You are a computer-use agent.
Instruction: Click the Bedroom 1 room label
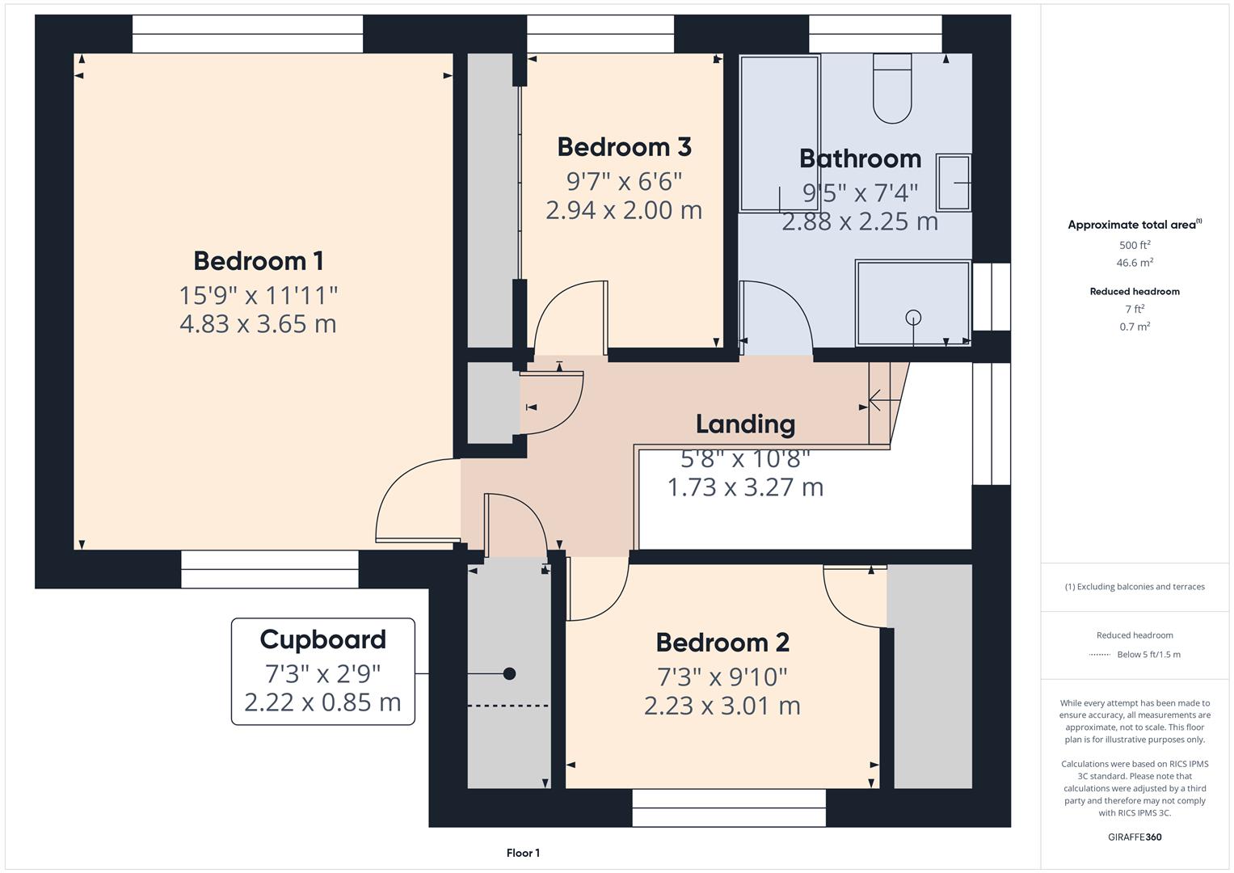click(x=258, y=261)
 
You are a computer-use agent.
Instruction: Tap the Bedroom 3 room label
click(x=624, y=147)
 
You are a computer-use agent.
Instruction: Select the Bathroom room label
click(x=860, y=158)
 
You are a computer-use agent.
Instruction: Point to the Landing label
click(x=745, y=424)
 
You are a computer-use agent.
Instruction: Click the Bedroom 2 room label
click(x=722, y=643)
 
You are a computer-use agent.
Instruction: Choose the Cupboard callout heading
click(x=322, y=639)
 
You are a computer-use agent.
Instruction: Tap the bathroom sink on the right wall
click(x=954, y=183)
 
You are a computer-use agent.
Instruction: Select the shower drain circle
click(x=913, y=317)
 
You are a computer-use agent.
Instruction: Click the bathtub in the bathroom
click(x=779, y=133)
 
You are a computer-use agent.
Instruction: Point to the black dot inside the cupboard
click(x=509, y=673)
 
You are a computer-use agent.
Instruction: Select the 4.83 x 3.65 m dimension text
click(x=258, y=324)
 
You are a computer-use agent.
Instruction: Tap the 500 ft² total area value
click(x=1134, y=245)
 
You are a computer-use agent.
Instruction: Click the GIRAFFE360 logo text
click(x=1134, y=837)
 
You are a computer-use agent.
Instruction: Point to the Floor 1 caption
click(x=523, y=853)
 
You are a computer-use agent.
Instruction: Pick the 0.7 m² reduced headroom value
click(x=1135, y=327)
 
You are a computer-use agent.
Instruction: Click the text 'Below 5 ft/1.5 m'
click(x=1148, y=655)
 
